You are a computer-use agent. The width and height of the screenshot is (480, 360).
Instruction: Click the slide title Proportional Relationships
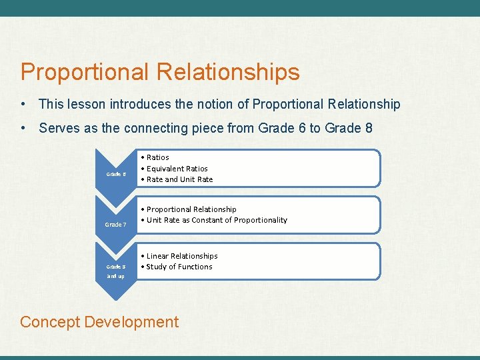pos(160,72)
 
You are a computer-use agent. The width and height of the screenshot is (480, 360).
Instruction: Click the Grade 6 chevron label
pos(116,175)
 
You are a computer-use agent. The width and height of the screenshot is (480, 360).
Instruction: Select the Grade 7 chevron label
pos(116,225)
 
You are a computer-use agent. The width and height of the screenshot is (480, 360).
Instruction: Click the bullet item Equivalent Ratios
pos(177,169)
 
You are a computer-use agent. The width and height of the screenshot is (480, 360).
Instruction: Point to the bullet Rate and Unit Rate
pos(179,179)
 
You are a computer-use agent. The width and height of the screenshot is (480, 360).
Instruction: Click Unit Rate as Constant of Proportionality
pos(217,220)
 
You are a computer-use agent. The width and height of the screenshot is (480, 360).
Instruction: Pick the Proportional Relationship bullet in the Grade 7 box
pos(191,209)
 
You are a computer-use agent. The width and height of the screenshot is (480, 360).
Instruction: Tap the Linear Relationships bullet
pos(181,256)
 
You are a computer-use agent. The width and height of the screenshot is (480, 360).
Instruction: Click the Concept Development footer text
pos(99,322)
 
